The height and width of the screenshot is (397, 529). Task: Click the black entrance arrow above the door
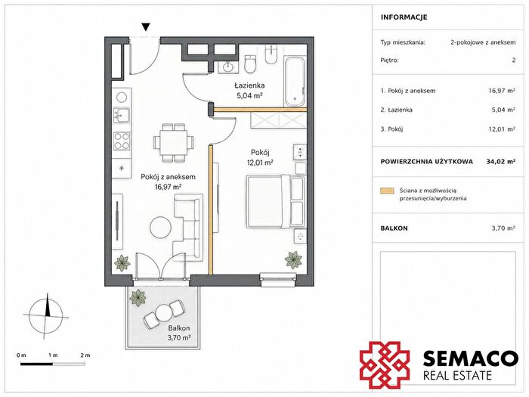(146, 27)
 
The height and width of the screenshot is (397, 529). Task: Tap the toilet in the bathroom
(250, 64)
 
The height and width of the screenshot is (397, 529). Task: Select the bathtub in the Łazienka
(295, 82)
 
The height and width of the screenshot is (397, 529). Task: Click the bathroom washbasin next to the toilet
(229, 67)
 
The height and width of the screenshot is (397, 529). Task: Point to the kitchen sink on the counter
(121, 115)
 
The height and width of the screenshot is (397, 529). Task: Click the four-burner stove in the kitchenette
(122, 141)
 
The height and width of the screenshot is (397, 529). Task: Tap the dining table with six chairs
(174, 142)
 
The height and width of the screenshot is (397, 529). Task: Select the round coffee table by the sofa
(160, 228)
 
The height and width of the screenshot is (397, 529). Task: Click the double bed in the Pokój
(276, 202)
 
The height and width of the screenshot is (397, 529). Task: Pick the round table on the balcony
(164, 312)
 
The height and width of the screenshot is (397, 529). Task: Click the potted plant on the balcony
(138, 297)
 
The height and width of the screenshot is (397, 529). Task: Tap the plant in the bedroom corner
(293, 259)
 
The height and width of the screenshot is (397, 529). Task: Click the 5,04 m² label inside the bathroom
(249, 95)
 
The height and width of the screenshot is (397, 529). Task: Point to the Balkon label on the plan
(179, 328)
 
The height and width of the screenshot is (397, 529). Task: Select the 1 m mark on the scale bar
(53, 355)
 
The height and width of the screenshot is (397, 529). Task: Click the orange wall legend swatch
(387, 191)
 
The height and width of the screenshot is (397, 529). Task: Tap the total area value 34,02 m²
(500, 161)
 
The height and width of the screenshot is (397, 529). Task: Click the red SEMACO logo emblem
(385, 365)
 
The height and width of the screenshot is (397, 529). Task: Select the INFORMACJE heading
(404, 17)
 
